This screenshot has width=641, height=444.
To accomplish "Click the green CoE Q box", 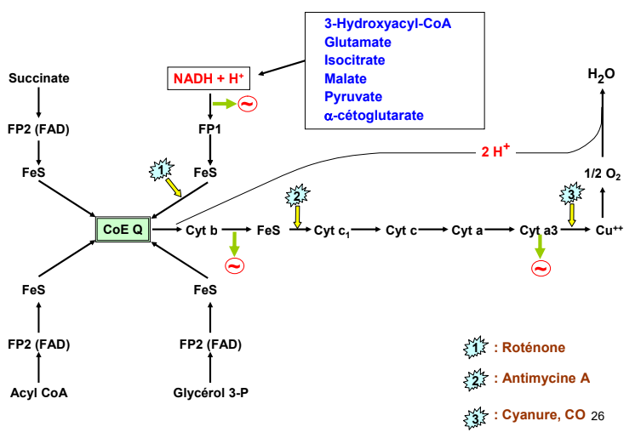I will tap(123, 229).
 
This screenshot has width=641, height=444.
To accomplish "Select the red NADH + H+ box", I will tap(209, 79).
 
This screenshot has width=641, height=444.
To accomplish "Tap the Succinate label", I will tap(39, 79).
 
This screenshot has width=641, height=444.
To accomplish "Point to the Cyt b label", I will tap(202, 229).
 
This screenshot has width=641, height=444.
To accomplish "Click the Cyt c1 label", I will tap(332, 230).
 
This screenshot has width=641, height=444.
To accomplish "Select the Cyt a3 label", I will tap(538, 230).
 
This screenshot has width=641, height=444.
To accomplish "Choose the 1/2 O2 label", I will tap(602, 175).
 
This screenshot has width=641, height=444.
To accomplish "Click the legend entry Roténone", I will tap(529, 348).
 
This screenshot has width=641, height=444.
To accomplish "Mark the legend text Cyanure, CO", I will tap(539, 414).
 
